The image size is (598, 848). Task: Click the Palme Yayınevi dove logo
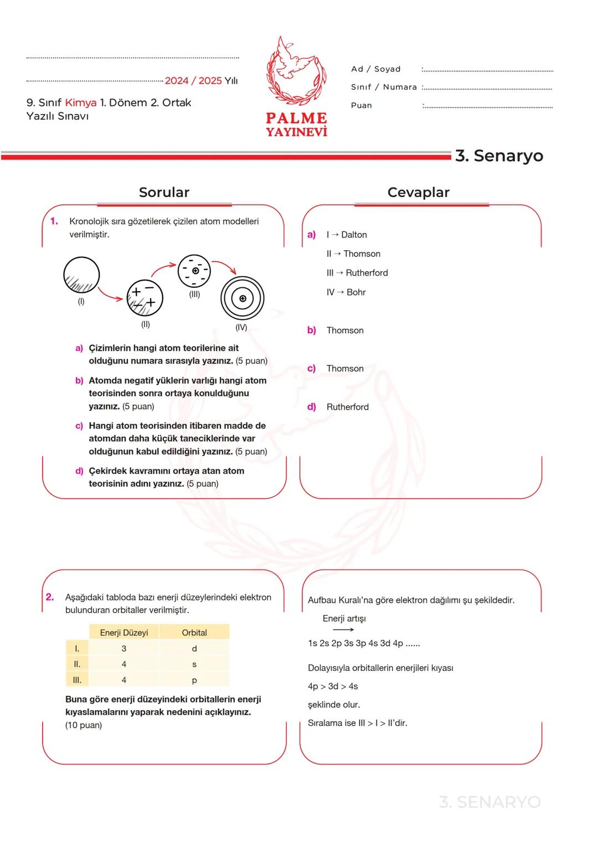[296, 71]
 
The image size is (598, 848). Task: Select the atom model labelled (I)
[81, 275]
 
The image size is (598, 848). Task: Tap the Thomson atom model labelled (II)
[145, 297]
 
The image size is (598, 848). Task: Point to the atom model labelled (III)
[194, 271]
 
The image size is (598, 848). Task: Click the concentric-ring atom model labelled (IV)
[243, 298]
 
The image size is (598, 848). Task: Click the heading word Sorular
[164, 192]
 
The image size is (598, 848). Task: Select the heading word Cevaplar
[418, 192]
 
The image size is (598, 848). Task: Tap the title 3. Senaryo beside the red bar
[499, 156]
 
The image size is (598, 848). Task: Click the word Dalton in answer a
[354, 235]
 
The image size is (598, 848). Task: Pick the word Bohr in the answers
[356, 292]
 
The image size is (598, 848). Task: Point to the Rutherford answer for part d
[347, 407]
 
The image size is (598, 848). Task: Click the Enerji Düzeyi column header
[124, 633]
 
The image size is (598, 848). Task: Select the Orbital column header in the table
[194, 633]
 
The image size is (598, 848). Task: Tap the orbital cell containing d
[194, 649]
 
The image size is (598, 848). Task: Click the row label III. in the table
[77, 680]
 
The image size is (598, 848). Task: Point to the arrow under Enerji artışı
[343, 630]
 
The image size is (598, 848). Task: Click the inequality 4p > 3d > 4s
[333, 686]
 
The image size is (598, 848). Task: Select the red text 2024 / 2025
[193, 81]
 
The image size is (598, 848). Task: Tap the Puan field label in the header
[362, 105]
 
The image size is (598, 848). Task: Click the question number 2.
[50, 597]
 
